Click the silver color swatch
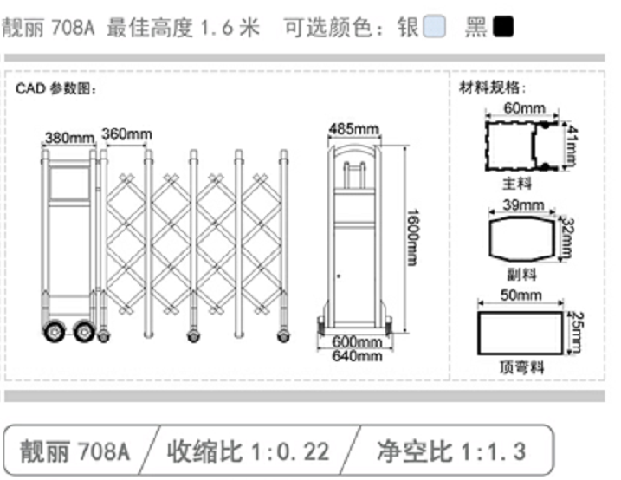tap(435, 28)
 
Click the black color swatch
tap(502, 28)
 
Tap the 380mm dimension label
tap(69, 138)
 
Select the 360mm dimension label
tap(126, 134)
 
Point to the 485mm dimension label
tap(353, 130)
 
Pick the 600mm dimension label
tap(357, 342)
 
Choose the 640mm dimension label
tap(357, 355)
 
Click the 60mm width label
tap(524, 108)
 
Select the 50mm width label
tap(521, 295)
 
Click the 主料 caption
tap(517, 185)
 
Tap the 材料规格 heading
tap(493, 88)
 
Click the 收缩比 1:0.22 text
tap(249, 451)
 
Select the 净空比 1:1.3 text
tap(450, 451)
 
